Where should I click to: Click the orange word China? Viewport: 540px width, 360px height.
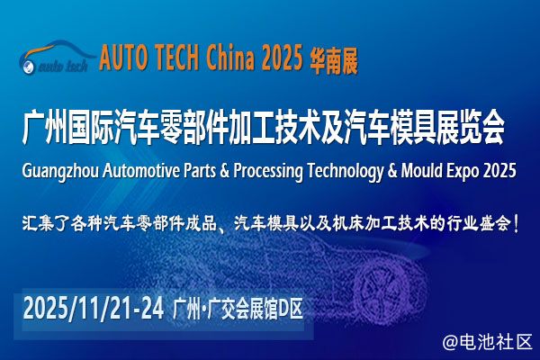tap(229, 57)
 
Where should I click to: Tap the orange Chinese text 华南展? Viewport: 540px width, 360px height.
tap(334, 61)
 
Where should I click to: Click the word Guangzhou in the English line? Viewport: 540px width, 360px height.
tap(60, 171)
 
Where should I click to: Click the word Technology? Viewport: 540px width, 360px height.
tap(345, 171)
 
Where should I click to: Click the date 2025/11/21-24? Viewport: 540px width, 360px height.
tap(94, 309)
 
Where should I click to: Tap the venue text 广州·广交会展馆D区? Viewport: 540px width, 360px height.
tap(238, 309)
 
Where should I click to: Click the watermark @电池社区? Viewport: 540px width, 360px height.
tap(487, 342)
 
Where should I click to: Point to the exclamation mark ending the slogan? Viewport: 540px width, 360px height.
tap(516, 223)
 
